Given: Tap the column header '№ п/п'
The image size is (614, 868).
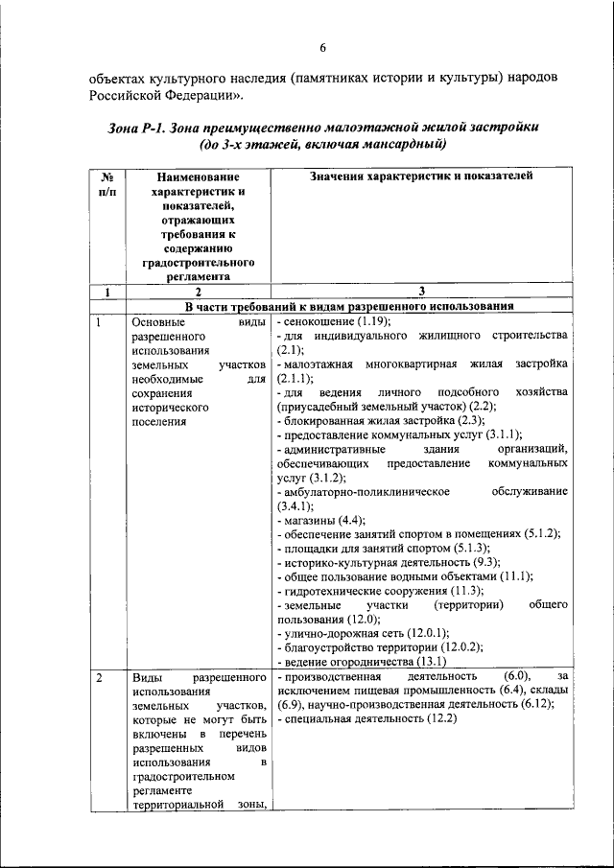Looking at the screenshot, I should [x=107, y=184].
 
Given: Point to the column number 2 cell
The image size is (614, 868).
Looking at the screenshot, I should [x=197, y=292].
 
